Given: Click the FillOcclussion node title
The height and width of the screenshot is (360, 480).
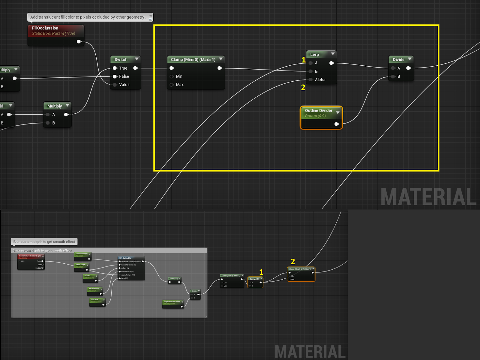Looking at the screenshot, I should tap(45, 28).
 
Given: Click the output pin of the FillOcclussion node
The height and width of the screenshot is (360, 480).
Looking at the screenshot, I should tap(79, 41).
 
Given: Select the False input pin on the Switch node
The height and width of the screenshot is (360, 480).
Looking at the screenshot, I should tap(115, 76).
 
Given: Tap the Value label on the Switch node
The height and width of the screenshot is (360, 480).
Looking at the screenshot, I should tap(124, 85).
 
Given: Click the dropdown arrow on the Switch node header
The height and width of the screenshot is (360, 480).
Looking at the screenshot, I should tap(137, 59).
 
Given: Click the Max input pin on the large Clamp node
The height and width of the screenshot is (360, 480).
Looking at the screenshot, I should tap(172, 85).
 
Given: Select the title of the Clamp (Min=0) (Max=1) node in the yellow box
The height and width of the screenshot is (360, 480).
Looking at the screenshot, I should tap(193, 59).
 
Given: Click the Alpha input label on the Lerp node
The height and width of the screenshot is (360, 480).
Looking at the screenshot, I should tap(320, 79).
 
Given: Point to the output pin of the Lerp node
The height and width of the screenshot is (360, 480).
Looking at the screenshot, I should tap(331, 63).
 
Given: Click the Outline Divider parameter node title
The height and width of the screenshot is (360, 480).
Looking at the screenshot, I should tap(319, 110).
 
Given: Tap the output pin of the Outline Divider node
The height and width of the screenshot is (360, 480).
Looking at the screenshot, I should tap(337, 124).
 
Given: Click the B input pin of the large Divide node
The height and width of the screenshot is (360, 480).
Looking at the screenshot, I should tap(393, 76).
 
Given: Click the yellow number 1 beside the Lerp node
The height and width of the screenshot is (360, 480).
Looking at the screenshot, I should tap(304, 60).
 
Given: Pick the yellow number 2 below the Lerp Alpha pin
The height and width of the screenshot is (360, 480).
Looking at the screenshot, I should tap(303, 87).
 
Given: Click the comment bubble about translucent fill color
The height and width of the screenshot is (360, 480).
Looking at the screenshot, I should tap(88, 17).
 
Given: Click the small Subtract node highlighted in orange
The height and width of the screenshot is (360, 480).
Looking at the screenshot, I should tap(255, 279).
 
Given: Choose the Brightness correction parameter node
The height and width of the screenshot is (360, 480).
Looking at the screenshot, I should tap(172, 301).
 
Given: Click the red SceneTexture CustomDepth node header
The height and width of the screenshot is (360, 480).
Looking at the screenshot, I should tap(30, 256).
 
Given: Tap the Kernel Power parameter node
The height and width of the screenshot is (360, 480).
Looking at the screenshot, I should tap(94, 289).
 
